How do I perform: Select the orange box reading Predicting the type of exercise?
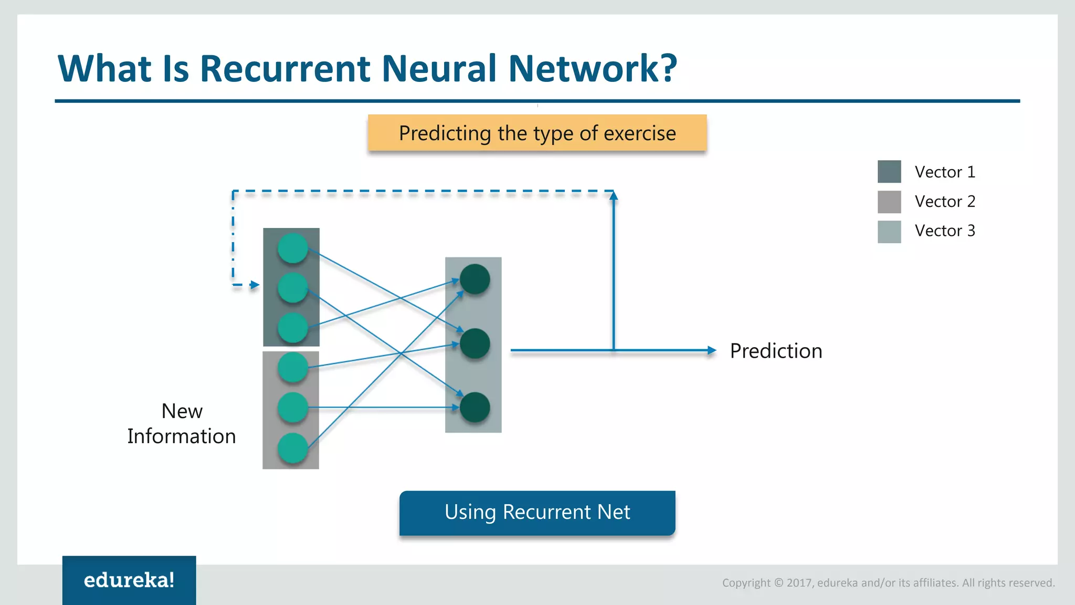click(x=537, y=133)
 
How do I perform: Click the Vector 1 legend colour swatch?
click(x=889, y=172)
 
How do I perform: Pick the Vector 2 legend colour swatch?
click(x=889, y=202)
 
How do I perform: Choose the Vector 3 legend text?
click(x=944, y=231)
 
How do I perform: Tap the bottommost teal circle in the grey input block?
click(x=292, y=448)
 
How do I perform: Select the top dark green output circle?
click(x=475, y=279)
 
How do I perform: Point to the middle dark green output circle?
click(x=475, y=343)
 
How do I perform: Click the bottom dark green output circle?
click(x=475, y=408)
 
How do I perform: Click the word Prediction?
click(x=776, y=351)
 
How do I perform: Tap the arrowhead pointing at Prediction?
click(x=712, y=350)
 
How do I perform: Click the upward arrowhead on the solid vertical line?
click(x=614, y=196)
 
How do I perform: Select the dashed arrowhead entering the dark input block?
click(x=255, y=285)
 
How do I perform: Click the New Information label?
click(x=182, y=423)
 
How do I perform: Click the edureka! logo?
click(x=129, y=580)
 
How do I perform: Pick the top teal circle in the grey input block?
click(x=292, y=367)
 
